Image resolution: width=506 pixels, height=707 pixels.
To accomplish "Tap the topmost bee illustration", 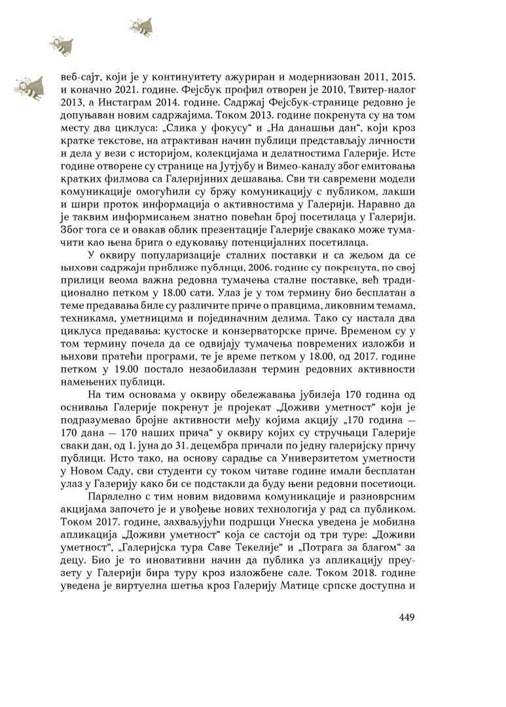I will click(141, 26).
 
